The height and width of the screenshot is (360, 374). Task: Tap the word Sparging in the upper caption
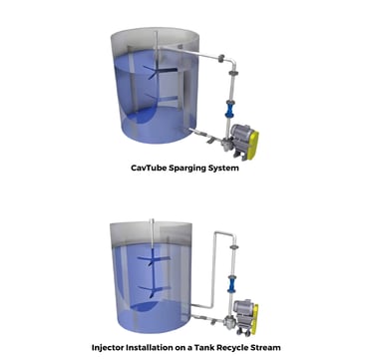(187, 169)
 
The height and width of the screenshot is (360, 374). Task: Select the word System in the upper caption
(223, 169)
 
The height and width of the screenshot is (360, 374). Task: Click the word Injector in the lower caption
(107, 348)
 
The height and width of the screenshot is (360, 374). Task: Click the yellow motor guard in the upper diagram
(252, 146)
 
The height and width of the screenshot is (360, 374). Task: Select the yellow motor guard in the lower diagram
(255, 319)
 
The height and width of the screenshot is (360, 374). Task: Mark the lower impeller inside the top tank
(161, 99)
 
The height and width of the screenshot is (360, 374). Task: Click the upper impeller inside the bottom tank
(154, 259)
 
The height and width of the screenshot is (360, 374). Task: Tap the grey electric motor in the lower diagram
(243, 311)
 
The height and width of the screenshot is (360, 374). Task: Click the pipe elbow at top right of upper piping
(232, 62)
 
